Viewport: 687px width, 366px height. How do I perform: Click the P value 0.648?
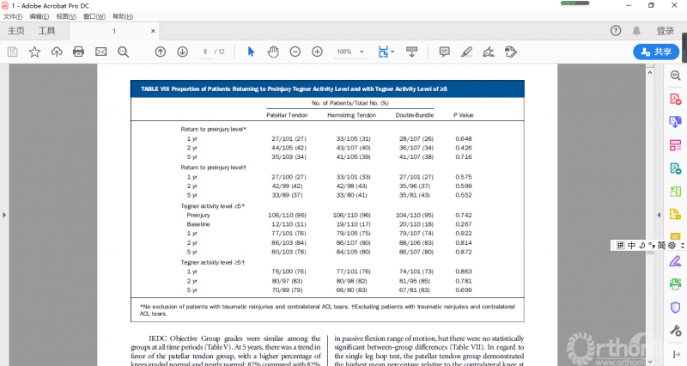(x=464, y=138)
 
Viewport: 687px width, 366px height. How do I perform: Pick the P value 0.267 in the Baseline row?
(x=464, y=224)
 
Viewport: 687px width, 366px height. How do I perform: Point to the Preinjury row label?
(x=199, y=215)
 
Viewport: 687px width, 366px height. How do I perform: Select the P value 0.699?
(x=464, y=290)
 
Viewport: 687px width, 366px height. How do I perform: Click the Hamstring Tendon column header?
(x=352, y=114)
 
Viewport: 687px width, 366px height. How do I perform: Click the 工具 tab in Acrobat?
(x=46, y=31)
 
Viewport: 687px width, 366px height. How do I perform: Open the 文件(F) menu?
(x=13, y=16)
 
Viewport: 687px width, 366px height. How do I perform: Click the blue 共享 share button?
(x=656, y=52)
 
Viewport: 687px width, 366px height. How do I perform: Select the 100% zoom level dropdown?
(x=348, y=52)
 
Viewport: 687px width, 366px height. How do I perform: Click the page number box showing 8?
(x=205, y=52)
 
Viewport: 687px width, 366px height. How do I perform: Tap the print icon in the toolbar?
(x=78, y=52)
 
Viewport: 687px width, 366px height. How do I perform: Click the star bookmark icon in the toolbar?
(x=34, y=52)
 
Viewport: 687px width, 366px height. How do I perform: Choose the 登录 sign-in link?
(x=665, y=31)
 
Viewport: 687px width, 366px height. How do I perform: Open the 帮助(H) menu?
(x=123, y=16)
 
